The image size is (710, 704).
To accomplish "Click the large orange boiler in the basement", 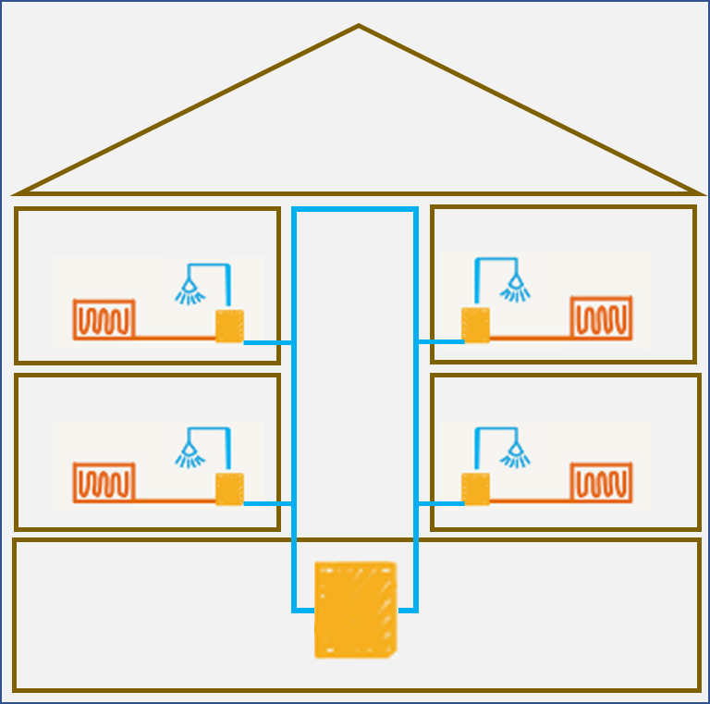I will coord(355,609).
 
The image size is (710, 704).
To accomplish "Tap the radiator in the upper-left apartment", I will coord(104,319).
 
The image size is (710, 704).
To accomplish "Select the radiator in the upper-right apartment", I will coord(600,317).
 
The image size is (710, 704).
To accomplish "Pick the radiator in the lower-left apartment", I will coord(104,481).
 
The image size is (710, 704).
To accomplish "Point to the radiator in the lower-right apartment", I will coord(600,480).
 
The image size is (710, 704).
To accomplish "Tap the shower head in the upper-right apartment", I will coord(515,289).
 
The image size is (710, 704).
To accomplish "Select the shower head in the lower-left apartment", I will coord(190,453).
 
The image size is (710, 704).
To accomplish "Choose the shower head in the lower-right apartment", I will coord(515,452).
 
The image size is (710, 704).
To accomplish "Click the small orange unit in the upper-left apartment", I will coord(229,326).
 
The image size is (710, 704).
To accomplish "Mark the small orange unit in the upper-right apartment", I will coord(475,325).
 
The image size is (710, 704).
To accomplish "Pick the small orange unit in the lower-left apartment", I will coord(229,488).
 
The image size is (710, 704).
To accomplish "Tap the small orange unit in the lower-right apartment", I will coord(475,488).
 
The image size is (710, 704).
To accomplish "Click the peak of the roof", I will coord(358,27).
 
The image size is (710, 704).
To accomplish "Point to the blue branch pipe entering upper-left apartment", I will coord(268,342).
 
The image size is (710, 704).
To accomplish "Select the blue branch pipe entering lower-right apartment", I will coord(439,503).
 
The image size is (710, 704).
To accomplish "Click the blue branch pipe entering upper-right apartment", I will coord(439,341).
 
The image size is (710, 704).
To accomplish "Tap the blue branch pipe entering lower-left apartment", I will coord(268,504).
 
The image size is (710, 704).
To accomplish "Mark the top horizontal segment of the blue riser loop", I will coord(354,212).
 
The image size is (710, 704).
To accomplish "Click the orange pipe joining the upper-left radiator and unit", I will coord(176,337).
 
